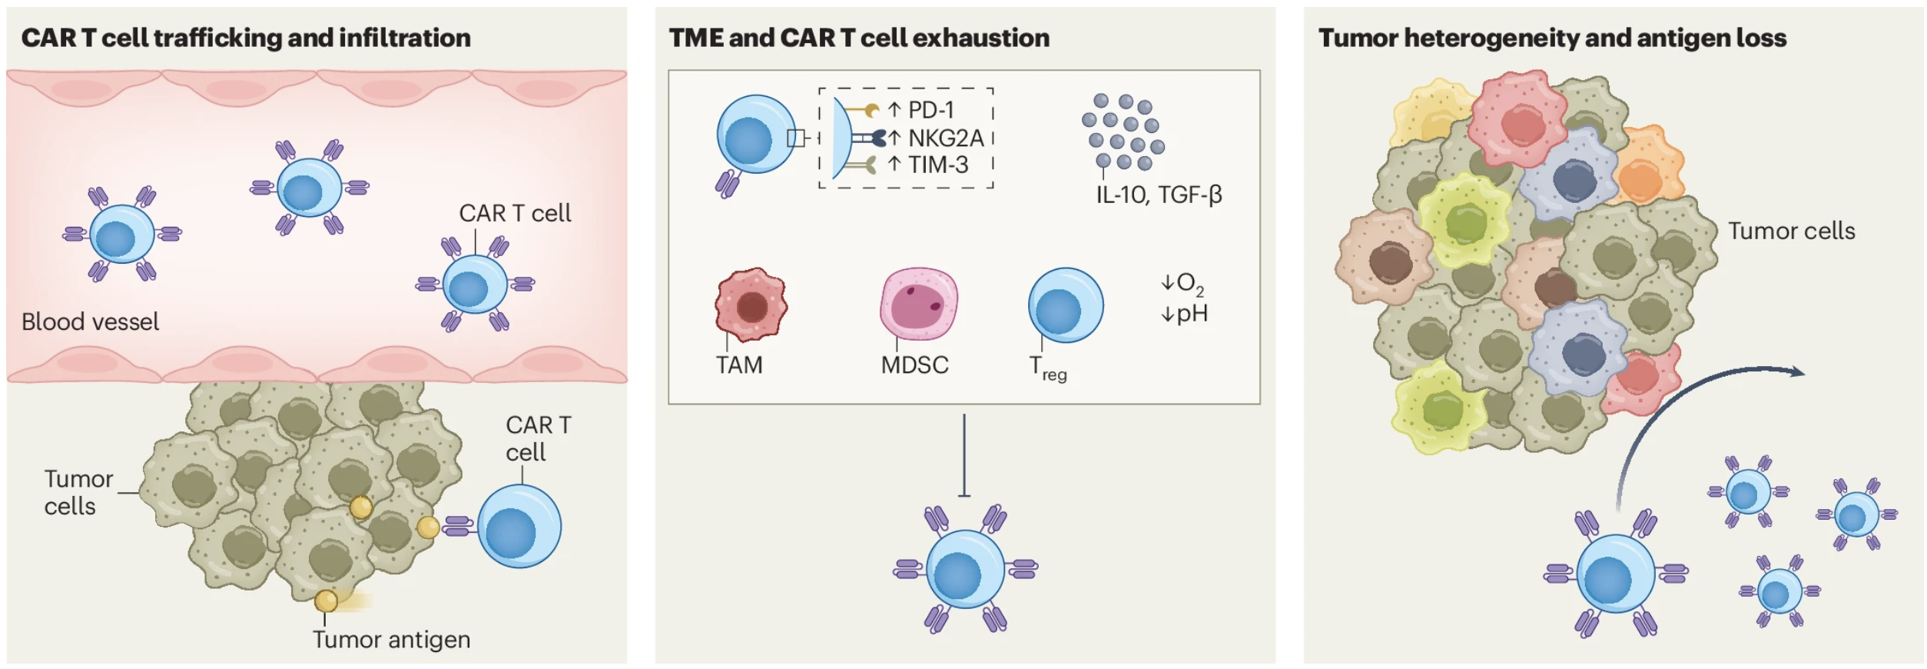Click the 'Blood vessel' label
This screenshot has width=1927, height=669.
pos(91,321)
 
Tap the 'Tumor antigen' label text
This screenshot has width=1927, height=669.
pos(391,640)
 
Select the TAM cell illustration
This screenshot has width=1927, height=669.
pos(751,305)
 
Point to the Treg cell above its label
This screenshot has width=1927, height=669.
pos(1066,305)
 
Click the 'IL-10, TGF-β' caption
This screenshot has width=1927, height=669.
pos(1159,195)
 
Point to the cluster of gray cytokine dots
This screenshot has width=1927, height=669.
pos(1123,131)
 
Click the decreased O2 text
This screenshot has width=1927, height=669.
pos(1182,284)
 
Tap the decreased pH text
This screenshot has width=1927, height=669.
pos(1184,314)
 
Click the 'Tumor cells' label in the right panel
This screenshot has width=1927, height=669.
pos(1792,231)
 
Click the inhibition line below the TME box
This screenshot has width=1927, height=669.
pos(964,455)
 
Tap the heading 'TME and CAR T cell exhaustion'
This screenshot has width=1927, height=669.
pos(859,38)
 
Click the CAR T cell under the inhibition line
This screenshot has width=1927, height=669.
pos(966,569)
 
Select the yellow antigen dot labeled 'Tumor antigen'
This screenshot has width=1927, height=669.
pos(326,601)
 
